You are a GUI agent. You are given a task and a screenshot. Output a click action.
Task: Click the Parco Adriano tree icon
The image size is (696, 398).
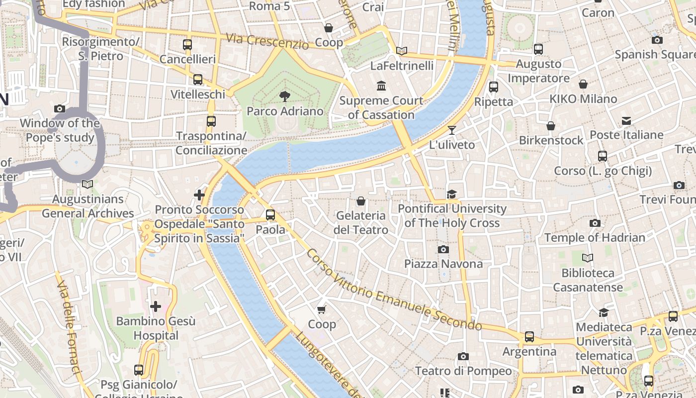tap(285, 96)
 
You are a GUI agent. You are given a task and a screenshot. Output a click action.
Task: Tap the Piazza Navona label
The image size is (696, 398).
tap(443, 264)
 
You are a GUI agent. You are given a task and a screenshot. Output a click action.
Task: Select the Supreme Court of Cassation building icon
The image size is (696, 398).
tap(381, 86)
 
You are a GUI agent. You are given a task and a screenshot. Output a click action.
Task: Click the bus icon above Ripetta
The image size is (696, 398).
tap(493, 87)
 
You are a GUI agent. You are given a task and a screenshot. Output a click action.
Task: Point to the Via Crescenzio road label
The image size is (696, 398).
tap(267, 41)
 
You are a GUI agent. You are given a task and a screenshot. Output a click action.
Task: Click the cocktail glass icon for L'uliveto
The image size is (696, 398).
tap(451, 130)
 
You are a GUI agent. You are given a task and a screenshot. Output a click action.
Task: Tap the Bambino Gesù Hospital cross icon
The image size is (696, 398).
tap(156, 306)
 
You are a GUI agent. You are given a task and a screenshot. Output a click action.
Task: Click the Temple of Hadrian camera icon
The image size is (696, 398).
tap(595, 223)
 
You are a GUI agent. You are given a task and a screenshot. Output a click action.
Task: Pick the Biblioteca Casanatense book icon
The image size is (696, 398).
tap(588, 258)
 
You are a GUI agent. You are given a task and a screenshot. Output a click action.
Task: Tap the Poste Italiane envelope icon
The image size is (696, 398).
tap(626, 121)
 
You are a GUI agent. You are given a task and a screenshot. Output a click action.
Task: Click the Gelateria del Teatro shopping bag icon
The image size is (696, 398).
tap(361, 201)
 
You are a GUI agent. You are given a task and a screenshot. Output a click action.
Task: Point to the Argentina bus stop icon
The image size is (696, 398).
tap(529, 337)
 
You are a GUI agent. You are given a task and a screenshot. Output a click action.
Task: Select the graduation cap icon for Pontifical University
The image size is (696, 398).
tap(451, 194)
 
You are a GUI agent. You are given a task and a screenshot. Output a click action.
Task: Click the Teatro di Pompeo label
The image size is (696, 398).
tap(463, 371)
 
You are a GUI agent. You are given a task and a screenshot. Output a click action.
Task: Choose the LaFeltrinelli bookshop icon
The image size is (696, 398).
tap(402, 51)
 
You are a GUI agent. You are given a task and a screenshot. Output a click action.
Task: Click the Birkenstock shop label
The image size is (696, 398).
tap(551, 140)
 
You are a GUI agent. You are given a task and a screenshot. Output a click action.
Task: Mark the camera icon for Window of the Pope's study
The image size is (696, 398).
tap(60, 108)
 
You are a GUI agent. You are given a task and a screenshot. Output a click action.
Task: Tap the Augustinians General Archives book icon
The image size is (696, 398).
tap(87, 185)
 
